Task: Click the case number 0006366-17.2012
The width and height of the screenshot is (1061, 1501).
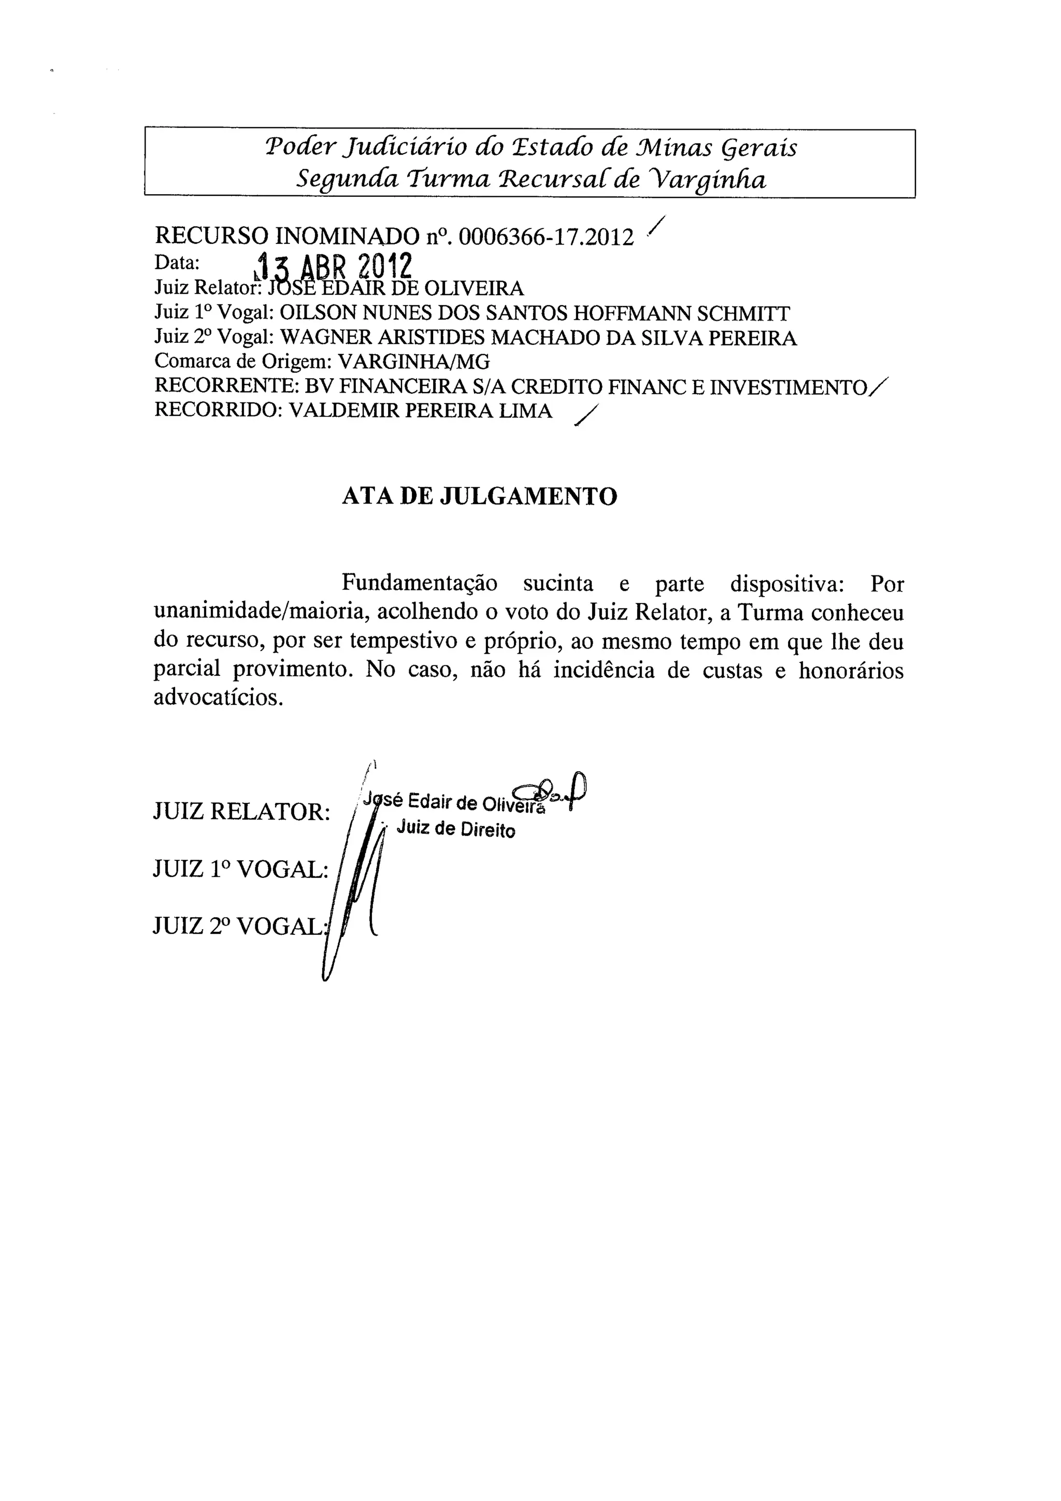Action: click(x=546, y=237)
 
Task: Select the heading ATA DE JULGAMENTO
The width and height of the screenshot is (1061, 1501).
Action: click(x=479, y=497)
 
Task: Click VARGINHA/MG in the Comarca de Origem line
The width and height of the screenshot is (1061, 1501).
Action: click(x=413, y=362)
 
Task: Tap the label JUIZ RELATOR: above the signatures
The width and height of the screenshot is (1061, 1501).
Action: click(x=241, y=812)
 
